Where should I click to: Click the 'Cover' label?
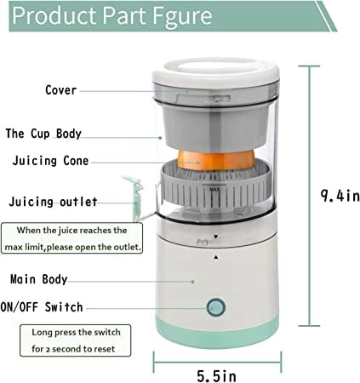(61, 89)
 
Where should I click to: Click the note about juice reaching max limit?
(75, 237)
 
